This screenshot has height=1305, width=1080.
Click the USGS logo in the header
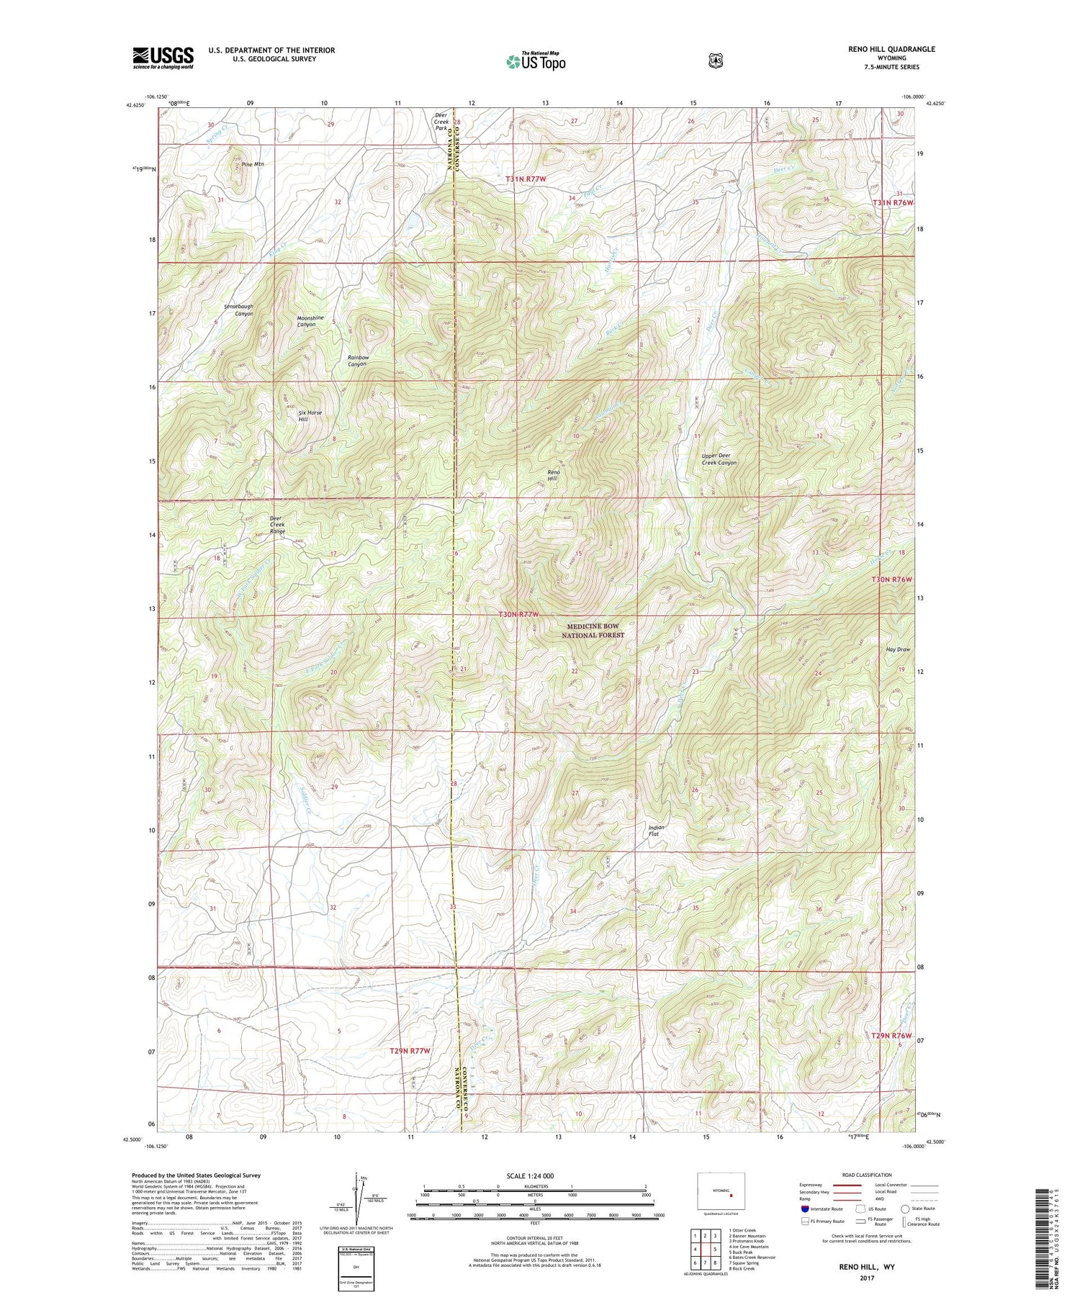coord(163,58)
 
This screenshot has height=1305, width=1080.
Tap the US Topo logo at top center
coord(536,61)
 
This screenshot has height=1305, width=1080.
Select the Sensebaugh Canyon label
coord(238,310)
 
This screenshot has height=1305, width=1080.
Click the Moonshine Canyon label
coord(311,321)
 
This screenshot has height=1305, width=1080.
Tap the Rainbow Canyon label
coord(358,361)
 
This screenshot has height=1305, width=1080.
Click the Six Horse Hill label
coord(310,416)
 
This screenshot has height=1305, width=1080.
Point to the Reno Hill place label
coord(553,476)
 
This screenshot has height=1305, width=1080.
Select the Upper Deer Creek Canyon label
coord(719,459)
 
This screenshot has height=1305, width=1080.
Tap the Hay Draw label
coord(898,649)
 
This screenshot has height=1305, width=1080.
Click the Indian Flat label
coord(656,831)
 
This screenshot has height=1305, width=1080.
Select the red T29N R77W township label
coord(410,1051)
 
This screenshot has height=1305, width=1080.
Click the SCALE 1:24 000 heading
coord(536,1176)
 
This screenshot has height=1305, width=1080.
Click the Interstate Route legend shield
coord(804,1209)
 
